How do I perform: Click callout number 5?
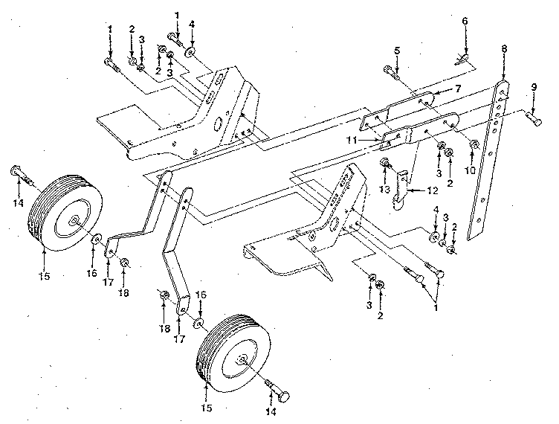point(396,50)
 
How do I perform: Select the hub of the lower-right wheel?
point(242,360)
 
